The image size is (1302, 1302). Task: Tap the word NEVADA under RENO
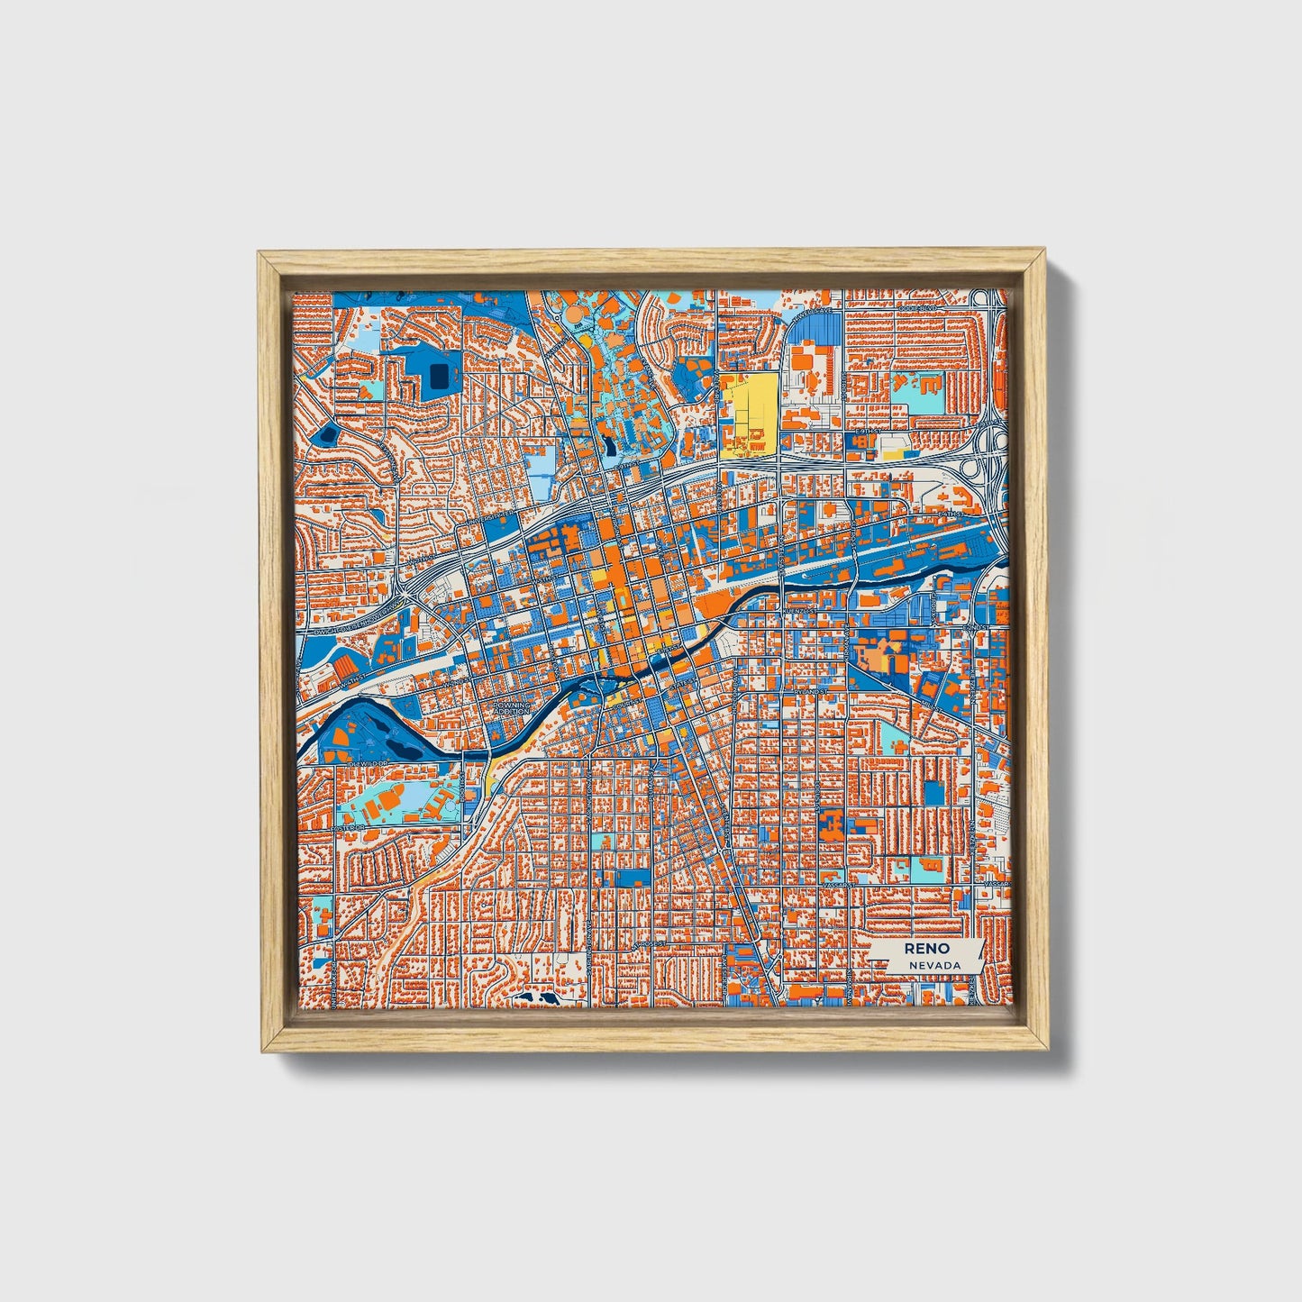(934, 965)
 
